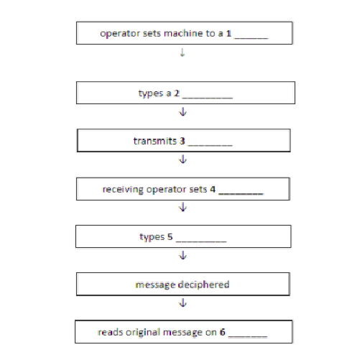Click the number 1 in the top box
[x=229, y=33]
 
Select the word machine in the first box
[x=183, y=33]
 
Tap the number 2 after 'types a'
[x=177, y=93]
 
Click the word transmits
[x=155, y=141]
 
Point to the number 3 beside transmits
[x=183, y=141]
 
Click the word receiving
[x=123, y=189]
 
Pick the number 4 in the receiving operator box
[x=213, y=189]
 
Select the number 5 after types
[x=170, y=236]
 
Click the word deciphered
[x=204, y=285]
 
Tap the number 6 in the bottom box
[x=223, y=332]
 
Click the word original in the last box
[x=143, y=332]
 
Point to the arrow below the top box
[x=183, y=52]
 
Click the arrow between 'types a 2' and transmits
[x=183, y=112]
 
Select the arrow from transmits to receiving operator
[x=183, y=160]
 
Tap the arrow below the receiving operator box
[x=183, y=207]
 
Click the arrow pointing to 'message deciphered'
[x=183, y=255]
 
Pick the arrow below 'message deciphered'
[x=183, y=303]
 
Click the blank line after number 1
[x=251, y=38]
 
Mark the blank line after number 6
[x=248, y=336]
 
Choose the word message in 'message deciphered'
[x=155, y=285]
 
